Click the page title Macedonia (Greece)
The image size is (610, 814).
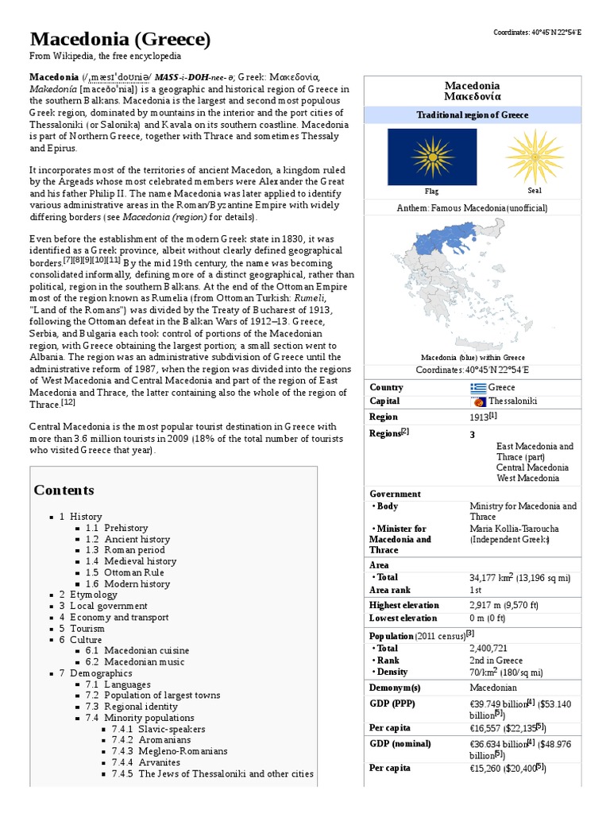click(x=120, y=39)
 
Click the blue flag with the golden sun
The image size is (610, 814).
click(x=431, y=157)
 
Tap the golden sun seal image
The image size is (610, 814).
click(x=534, y=157)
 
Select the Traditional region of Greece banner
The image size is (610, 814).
click(x=472, y=115)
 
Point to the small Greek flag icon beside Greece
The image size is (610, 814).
click(x=477, y=388)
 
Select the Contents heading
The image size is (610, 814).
click(x=64, y=490)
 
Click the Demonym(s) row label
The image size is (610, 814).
click(x=395, y=688)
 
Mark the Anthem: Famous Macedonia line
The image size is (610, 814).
click(x=472, y=208)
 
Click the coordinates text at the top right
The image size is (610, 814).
click(x=537, y=32)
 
